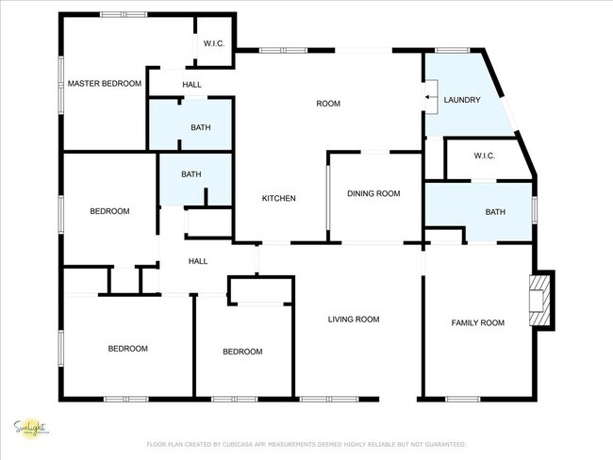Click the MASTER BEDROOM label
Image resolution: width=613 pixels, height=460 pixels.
coord(105,84)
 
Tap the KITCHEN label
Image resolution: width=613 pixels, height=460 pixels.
coord(279,198)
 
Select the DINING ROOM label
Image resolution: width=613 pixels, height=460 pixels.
coord(373,193)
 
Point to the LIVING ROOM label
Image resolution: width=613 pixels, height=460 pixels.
coord(354,320)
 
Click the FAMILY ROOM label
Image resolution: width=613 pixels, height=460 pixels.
coord(477,322)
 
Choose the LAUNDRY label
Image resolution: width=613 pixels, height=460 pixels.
coord(462,99)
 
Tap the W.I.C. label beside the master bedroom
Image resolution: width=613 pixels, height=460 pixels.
coord(213,44)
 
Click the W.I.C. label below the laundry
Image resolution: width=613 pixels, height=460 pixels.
coord(485,156)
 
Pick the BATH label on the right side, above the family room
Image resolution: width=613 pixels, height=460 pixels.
coord(495,212)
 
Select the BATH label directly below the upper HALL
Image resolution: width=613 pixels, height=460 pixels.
coord(201,127)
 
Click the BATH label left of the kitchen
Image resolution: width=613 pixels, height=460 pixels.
coord(191,174)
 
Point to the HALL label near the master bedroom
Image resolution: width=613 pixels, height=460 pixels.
coord(192,85)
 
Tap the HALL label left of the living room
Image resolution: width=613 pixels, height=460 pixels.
coord(198,261)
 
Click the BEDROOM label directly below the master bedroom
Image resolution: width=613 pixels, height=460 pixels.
coord(109,211)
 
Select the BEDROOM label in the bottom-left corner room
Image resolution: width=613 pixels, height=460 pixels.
coord(127,349)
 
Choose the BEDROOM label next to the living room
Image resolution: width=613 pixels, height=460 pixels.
coord(242,352)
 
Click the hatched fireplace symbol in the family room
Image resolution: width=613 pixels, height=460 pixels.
coord(539,299)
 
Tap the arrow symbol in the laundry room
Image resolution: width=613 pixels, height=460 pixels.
coord(431,96)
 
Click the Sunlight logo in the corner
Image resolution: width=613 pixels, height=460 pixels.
coord(31,428)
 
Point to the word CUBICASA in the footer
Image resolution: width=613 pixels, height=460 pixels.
coord(247,444)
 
